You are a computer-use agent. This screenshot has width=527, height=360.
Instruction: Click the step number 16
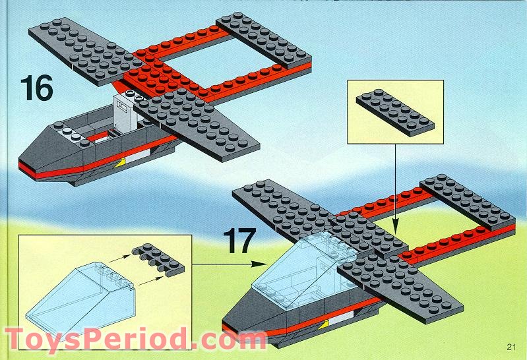[36, 88]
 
